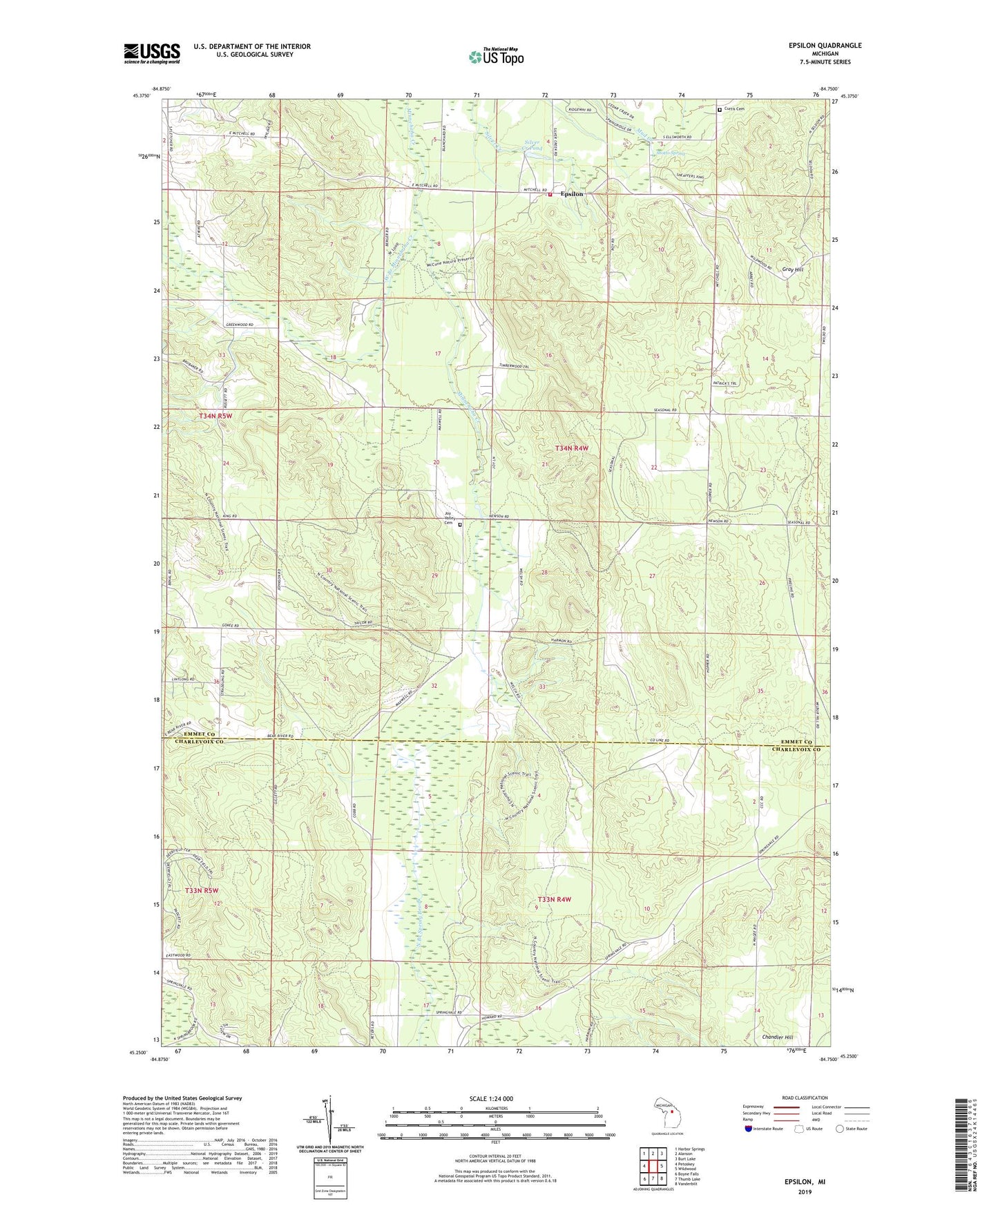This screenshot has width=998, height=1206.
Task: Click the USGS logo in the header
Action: coord(152,53)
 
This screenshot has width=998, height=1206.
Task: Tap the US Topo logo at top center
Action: coord(496,57)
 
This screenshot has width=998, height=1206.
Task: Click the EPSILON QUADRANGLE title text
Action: coord(825,46)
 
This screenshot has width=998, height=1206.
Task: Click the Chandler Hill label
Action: coord(777,1037)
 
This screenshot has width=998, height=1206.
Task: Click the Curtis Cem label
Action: coord(734,109)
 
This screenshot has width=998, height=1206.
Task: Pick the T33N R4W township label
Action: coord(555,899)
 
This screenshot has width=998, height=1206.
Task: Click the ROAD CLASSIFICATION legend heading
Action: coord(804,1098)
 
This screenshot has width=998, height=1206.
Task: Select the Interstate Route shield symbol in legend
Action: coord(749,1129)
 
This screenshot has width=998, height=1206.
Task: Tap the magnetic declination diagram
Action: coord(330,1119)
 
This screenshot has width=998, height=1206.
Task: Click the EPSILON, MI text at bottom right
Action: coord(805,1182)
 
